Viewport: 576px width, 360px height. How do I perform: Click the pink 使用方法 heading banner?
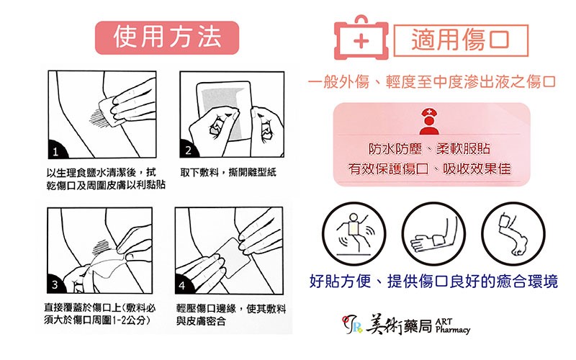pyautogui.click(x=167, y=38)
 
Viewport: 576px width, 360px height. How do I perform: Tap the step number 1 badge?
pyautogui.click(x=56, y=150)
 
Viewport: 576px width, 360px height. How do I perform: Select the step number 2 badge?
pyautogui.click(x=188, y=149)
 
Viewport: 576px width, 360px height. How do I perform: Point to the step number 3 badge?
pyautogui.click(x=55, y=284)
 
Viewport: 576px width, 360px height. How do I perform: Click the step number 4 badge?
pyautogui.click(x=183, y=284)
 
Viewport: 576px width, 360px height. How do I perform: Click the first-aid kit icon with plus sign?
pyautogui.click(x=361, y=38)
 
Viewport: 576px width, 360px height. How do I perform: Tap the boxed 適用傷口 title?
pyautogui.click(x=461, y=40)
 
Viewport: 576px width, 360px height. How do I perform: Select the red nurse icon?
pyautogui.click(x=429, y=121)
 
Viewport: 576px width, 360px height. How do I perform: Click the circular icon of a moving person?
pyautogui.click(x=354, y=234)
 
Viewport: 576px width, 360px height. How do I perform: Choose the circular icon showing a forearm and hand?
pyautogui.click(x=433, y=234)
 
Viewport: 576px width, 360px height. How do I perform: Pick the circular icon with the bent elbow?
pyautogui.click(x=513, y=234)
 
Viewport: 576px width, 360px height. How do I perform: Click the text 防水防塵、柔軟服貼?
pyautogui.click(x=429, y=149)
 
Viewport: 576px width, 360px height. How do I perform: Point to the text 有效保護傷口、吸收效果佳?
pyautogui.click(x=429, y=169)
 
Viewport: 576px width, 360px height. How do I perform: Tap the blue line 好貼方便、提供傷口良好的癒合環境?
pyautogui.click(x=433, y=282)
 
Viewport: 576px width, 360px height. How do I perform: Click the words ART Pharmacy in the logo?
pyautogui.click(x=452, y=326)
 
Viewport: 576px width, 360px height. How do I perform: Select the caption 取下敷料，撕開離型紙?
pyautogui.click(x=228, y=172)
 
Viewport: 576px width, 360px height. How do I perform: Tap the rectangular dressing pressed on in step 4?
pyautogui.click(x=233, y=258)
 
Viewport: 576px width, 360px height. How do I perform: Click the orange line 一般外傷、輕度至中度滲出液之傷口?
pyautogui.click(x=432, y=81)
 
